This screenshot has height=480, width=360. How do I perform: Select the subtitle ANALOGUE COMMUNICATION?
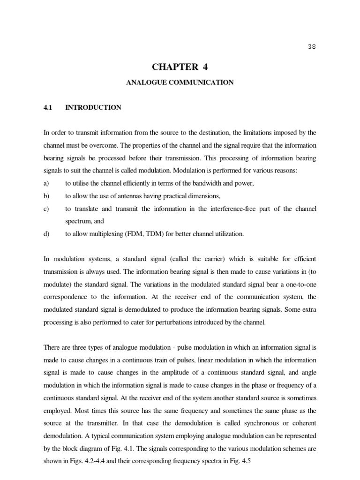180,82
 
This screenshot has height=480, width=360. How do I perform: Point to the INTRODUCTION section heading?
93,108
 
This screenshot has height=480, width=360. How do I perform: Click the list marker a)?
46,183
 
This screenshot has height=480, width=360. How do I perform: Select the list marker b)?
46,195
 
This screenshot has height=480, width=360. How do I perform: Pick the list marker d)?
46,234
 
